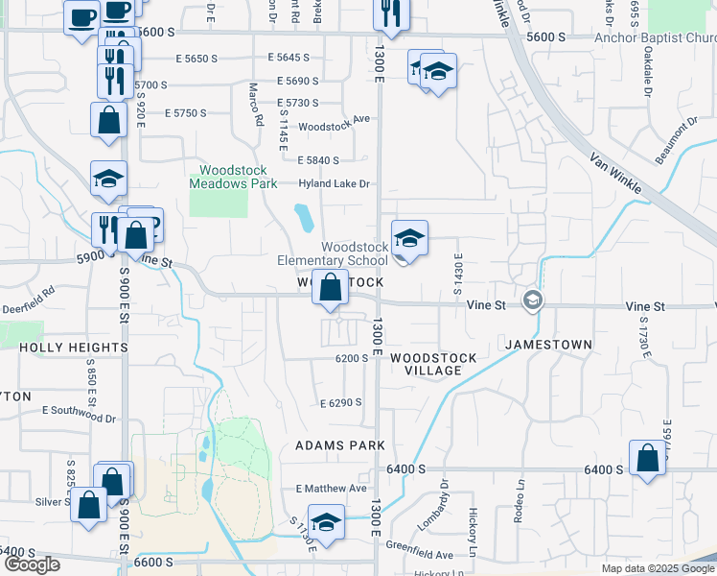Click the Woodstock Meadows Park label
coord(233,177)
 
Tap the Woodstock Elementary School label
coord(333,253)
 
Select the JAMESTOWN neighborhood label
coord(548,344)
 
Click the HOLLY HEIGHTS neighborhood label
coord(73,348)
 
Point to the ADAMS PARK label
coord(340,445)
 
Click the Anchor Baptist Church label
coord(655,38)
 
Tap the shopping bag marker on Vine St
coord(330,287)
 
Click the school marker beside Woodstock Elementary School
coord(409,239)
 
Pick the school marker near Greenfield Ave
coord(327,522)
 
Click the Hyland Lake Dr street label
coord(334,184)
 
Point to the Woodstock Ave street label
coord(334,126)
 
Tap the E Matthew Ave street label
coord(332,488)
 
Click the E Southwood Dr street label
coord(79,420)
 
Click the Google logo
coord(32,564)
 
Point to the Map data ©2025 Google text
coord(657,568)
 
